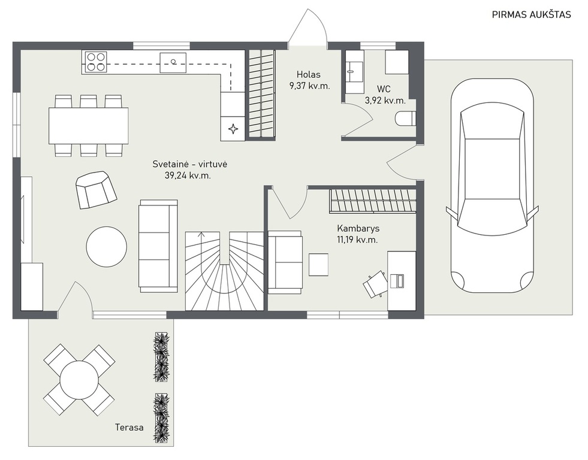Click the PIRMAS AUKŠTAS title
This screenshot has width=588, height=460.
point(532,14)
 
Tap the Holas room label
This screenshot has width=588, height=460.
point(309,74)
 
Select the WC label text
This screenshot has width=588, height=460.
point(384,89)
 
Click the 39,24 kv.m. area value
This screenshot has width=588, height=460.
point(188,175)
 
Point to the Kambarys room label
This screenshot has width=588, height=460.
point(358,228)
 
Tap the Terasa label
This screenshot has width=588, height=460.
point(129,428)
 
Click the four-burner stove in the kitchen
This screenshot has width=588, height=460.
point(95,62)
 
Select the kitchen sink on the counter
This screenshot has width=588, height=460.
point(173,62)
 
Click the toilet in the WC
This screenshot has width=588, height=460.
point(406,119)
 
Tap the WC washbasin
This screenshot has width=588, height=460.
point(354,71)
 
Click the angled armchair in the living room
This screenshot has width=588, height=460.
point(96,189)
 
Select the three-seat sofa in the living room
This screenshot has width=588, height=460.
point(158,246)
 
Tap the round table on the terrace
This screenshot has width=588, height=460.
point(79,380)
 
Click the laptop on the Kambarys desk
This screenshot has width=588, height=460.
point(397,280)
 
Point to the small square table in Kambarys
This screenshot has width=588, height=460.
point(319,265)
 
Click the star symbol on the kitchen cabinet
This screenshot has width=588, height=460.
point(233,129)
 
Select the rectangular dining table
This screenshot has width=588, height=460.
point(89,126)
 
